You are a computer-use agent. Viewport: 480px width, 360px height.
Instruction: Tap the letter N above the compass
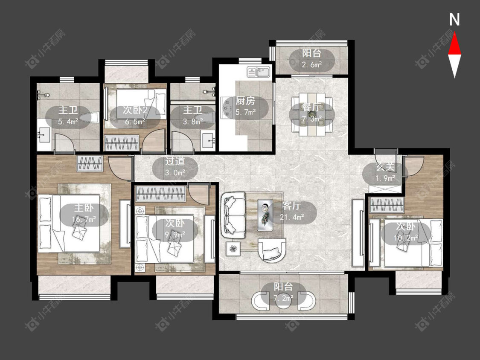coord(454,20)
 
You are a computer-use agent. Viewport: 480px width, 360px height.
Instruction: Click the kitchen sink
coord(259,72)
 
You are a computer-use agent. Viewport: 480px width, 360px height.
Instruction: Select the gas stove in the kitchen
coord(227,107)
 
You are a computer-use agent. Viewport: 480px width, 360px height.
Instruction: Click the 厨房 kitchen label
coord(245,101)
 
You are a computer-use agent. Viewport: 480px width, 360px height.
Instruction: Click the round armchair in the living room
coord(271,250)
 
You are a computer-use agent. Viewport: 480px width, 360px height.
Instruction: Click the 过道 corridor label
coord(175,161)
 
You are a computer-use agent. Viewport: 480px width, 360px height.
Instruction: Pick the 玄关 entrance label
coord(385,167)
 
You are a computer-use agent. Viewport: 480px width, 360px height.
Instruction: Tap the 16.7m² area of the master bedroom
coord(84,219)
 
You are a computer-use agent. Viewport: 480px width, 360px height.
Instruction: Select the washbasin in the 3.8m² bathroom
coord(209,139)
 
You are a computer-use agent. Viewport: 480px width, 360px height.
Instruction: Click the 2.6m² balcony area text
coord(312,64)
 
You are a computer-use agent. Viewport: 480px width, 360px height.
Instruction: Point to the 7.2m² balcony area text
coord(283,298)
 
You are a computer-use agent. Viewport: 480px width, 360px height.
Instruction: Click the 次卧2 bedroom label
coord(135,110)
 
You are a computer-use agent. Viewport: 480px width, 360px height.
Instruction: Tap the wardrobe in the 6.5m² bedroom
coord(122,142)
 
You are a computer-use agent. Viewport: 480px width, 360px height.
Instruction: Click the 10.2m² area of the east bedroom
coord(406,238)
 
